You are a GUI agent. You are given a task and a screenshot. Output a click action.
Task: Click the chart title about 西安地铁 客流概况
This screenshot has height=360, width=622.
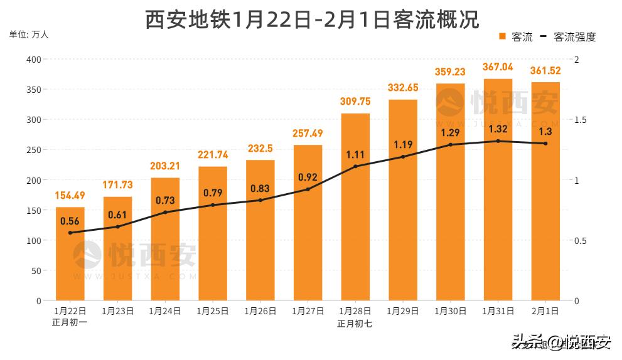click(311, 19)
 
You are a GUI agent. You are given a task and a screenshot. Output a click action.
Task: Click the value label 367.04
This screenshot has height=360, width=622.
click(498, 67)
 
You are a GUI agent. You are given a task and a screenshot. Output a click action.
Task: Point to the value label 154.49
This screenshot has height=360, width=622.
click(70, 196)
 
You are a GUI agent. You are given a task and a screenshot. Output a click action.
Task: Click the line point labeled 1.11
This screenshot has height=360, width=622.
click(355, 166)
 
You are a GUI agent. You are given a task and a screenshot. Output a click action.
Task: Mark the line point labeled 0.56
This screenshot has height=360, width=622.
click(70, 233)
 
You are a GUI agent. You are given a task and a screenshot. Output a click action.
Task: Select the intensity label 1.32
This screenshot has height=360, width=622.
click(498, 129)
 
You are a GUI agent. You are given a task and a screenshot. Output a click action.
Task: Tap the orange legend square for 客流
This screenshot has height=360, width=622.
click(503, 36)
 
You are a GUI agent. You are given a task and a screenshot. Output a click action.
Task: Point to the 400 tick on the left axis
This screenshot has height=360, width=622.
click(33, 60)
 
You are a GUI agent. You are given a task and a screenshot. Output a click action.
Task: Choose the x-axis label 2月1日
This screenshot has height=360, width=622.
click(545, 311)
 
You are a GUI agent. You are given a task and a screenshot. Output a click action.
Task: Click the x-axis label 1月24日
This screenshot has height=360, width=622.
click(165, 311)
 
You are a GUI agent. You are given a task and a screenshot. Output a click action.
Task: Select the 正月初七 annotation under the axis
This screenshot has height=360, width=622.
click(355, 324)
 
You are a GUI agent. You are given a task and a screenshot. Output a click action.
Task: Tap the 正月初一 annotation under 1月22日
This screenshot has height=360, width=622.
click(70, 323)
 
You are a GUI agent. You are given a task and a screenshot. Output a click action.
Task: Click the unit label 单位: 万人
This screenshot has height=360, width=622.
click(29, 34)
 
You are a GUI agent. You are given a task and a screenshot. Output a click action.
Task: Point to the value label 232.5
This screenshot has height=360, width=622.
click(260, 149)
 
